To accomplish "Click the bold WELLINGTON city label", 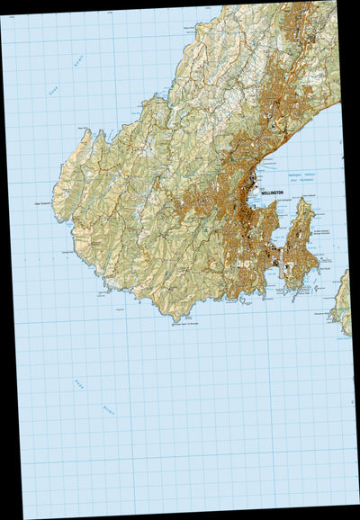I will tap(273, 193).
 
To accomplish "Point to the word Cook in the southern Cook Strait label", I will tap(80, 386).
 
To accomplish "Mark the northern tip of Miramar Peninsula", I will tap(305, 200).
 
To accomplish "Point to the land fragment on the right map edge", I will tap(342, 302).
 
